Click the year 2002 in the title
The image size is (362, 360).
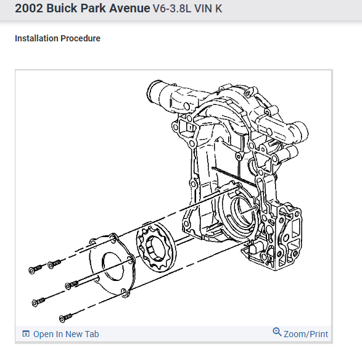coord(29,8)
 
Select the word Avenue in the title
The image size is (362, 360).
coord(130,8)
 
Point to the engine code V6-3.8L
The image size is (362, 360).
coord(172,9)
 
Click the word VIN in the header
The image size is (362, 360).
coord(203,9)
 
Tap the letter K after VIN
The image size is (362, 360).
coord(219,9)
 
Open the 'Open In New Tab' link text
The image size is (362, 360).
coord(66,334)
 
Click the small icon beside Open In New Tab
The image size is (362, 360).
coord(26,333)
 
